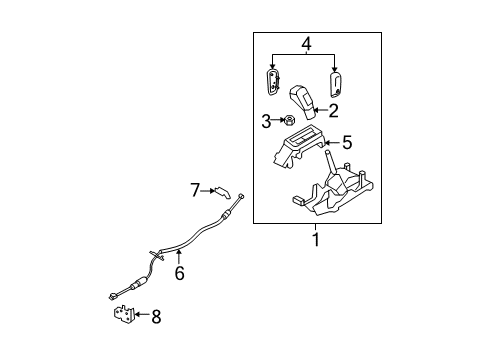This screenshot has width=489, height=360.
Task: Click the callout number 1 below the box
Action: click(316, 239)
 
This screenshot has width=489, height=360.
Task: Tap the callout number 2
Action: click(333, 111)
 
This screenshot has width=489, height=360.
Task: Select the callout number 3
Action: click(266, 121)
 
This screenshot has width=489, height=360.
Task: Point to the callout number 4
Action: click(306, 44)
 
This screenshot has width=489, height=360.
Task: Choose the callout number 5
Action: click(347, 142)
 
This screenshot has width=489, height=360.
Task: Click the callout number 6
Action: click(179, 273)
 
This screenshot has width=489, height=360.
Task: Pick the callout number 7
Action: click(195, 190)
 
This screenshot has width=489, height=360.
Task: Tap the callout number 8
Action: click(156, 316)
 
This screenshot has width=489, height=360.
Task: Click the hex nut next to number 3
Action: click(288, 120)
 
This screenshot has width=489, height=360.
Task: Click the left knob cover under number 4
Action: click(273, 83)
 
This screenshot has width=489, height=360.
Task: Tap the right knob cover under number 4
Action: click(335, 85)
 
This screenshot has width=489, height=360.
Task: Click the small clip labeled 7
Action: click(223, 192)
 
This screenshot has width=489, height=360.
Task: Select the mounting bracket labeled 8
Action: click(124, 315)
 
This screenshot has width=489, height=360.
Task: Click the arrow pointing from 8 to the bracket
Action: click(142, 314)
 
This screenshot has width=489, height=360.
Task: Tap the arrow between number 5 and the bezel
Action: click(333, 143)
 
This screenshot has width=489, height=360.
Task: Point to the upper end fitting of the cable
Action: click(241, 196)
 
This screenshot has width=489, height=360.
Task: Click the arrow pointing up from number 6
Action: click(179, 257)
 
